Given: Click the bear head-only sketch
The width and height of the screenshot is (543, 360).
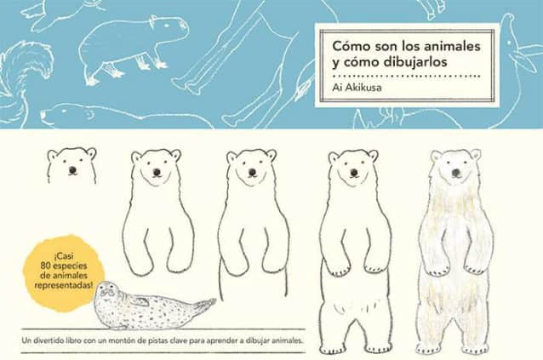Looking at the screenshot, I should pyautogui.click(x=71, y=164).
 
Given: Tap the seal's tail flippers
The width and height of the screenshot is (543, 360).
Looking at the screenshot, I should pyautogui.click(x=204, y=303).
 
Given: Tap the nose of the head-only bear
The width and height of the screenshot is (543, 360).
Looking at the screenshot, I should pyautogui.click(x=71, y=169).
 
